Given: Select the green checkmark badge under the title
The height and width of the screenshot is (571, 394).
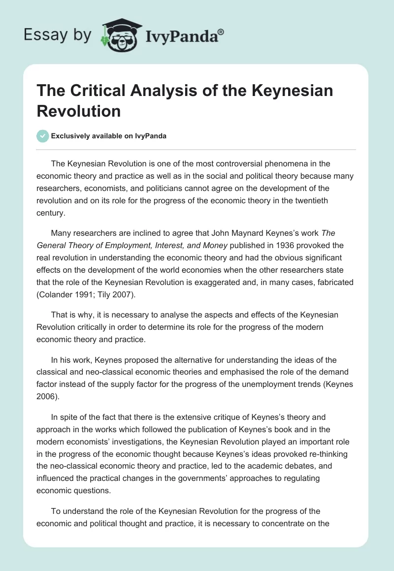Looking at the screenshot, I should [x=43, y=136].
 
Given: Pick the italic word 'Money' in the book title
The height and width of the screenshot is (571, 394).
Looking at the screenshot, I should [x=210, y=245].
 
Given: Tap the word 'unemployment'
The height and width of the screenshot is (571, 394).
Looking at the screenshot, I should [x=274, y=384].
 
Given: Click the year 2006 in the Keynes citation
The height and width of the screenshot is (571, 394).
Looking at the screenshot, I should [x=46, y=397].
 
